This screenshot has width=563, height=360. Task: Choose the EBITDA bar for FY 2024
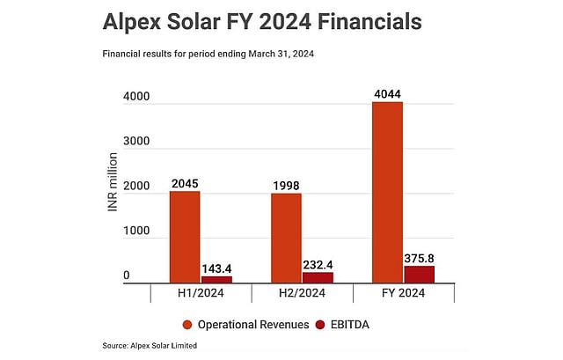point(419,274)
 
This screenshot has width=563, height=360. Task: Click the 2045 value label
point(185,183)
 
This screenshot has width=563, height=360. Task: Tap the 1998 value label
point(286,185)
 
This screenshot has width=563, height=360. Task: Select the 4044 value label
point(387,93)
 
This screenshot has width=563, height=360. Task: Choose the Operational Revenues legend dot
point(187,324)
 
